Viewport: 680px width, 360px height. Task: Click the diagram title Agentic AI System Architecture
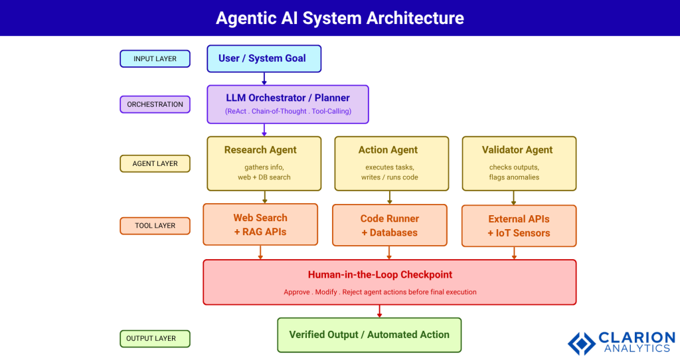pyautogui.click(x=339, y=18)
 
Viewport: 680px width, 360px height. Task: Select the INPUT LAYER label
pyautogui.click(x=155, y=58)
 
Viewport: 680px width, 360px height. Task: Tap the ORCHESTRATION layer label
pyautogui.click(x=155, y=104)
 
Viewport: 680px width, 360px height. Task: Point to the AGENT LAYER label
pyautogui.click(x=155, y=163)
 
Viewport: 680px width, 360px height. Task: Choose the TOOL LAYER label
pyautogui.click(x=155, y=226)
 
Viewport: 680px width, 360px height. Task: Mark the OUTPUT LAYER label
pyautogui.click(x=155, y=339)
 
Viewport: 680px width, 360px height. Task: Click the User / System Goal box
pyautogui.click(x=264, y=58)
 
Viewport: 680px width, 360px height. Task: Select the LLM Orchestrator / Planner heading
pyautogui.click(x=288, y=98)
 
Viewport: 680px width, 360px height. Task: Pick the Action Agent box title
pyautogui.click(x=388, y=150)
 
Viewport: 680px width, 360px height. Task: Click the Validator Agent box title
pyautogui.click(x=517, y=150)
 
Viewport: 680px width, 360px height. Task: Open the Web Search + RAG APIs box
pyautogui.click(x=260, y=225)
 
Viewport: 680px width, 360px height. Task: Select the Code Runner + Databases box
pyautogui.click(x=389, y=225)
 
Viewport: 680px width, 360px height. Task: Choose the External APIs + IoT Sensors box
pyautogui.click(x=519, y=225)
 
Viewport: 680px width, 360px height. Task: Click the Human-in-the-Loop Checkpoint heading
pyautogui.click(x=389, y=274)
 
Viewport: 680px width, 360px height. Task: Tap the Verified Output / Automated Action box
pyautogui.click(x=369, y=335)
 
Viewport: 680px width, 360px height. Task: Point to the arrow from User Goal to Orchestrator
pyautogui.click(x=264, y=78)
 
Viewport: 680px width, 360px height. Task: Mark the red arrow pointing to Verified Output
pyautogui.click(x=379, y=311)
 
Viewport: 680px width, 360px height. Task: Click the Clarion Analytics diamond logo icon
pyautogui.click(x=582, y=341)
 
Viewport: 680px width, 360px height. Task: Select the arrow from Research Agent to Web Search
pyautogui.click(x=264, y=197)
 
